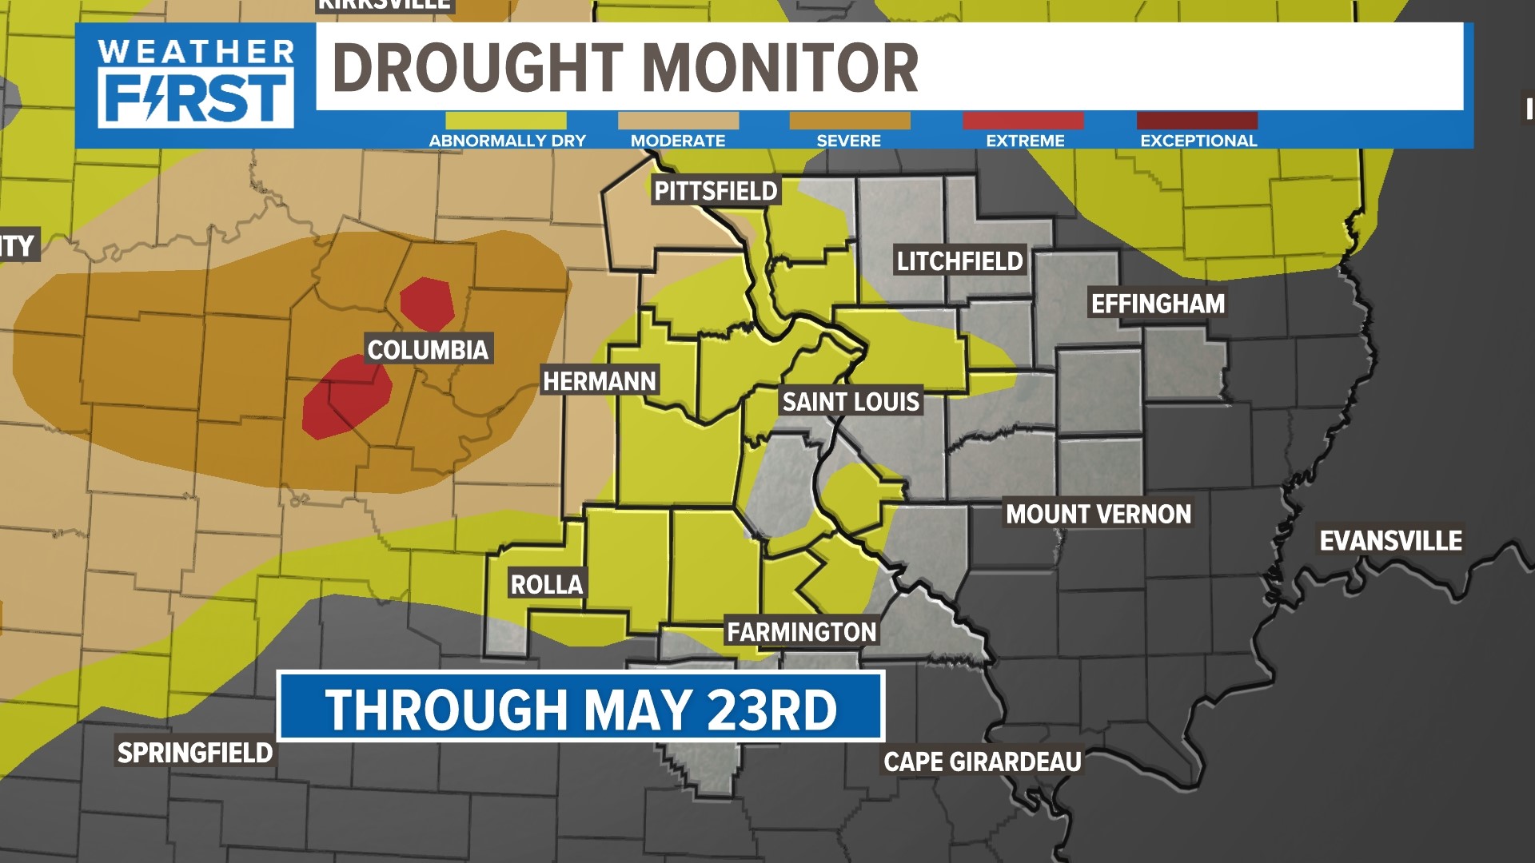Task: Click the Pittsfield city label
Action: tap(716, 191)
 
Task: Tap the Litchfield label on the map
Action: tap(959, 261)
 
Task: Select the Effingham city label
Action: tap(1158, 304)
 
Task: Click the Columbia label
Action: tap(428, 349)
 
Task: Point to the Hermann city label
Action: tap(600, 381)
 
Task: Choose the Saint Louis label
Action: tap(851, 401)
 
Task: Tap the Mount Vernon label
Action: tap(1098, 514)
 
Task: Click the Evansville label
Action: tap(1390, 541)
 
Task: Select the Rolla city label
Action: tap(547, 584)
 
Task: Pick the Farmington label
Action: tap(801, 632)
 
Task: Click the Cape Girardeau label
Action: tap(982, 762)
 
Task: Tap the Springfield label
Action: tap(195, 753)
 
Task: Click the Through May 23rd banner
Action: tap(580, 708)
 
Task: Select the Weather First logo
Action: tap(195, 84)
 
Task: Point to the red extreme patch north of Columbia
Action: tap(427, 304)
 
